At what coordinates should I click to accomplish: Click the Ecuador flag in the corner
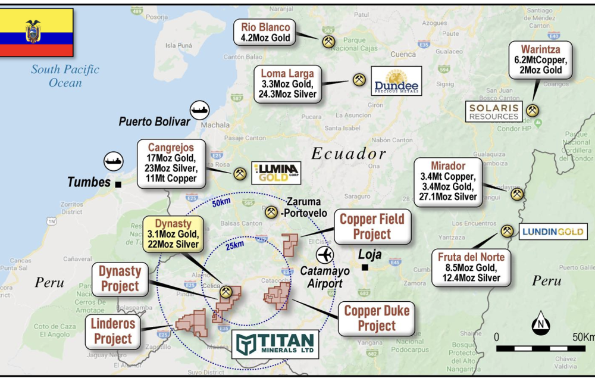36,32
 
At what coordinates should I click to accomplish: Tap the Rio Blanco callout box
265,32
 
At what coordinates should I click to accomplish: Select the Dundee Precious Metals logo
396,81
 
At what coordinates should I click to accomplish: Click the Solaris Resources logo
494,111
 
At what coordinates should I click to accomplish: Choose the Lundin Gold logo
552,232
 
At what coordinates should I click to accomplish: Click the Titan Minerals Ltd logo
274,345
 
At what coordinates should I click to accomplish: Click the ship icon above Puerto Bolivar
200,110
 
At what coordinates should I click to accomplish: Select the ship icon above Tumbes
114,160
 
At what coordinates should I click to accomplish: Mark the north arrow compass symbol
540,323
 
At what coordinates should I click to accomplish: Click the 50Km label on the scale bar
583,338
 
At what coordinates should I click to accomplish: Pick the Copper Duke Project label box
377,318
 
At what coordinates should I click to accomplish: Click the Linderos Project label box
112,332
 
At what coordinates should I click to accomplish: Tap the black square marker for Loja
365,267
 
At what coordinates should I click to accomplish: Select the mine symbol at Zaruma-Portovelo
271,211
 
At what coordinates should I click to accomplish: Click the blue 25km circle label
234,245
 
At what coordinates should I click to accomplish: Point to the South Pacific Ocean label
65,76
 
